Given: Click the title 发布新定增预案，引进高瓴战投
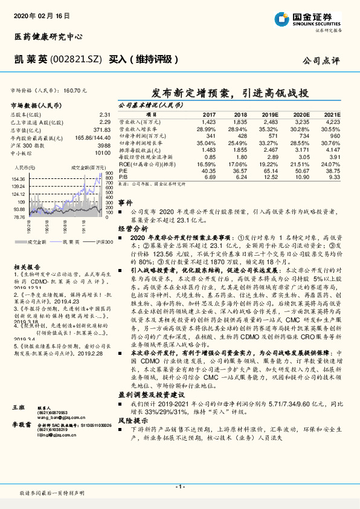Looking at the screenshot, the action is [230, 93].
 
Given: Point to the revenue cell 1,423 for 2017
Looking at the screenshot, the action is [209, 122].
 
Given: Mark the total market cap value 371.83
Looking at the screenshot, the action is [101, 130].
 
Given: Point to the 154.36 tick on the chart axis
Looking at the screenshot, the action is [19, 180].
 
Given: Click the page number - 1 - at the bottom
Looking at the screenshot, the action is [179, 486].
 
